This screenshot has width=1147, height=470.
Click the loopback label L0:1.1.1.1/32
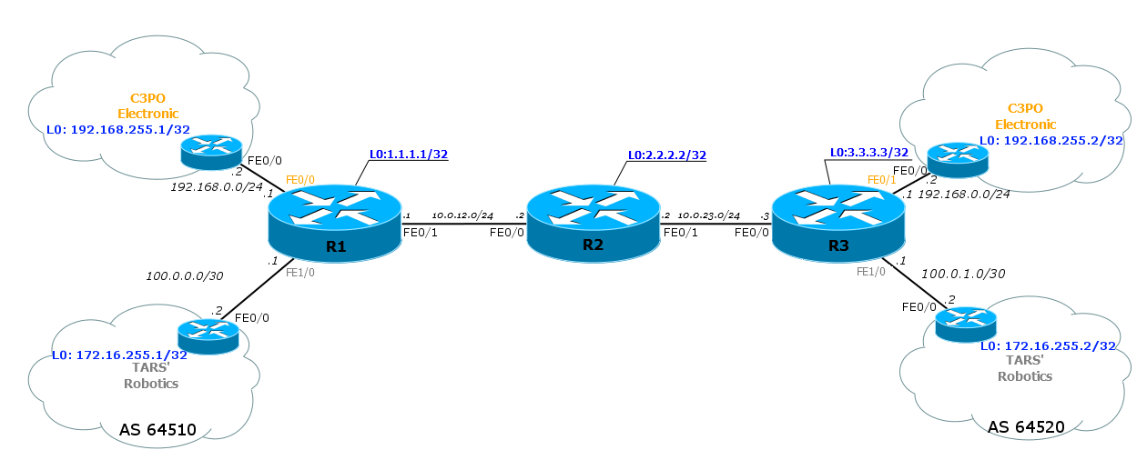click(x=409, y=155)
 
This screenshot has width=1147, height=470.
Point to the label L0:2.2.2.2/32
click(x=667, y=155)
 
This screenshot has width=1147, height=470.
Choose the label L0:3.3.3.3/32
click(x=869, y=153)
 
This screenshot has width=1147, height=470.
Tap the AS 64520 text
click(x=1026, y=425)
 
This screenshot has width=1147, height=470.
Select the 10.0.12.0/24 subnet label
click(x=462, y=215)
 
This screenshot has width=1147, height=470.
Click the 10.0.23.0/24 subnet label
click(x=709, y=215)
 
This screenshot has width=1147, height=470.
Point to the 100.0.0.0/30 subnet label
click(x=184, y=274)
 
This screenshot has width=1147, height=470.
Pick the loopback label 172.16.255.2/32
click(x=1048, y=345)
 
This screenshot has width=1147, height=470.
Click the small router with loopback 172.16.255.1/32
click(x=208, y=335)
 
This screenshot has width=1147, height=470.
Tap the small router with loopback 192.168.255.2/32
click(x=957, y=159)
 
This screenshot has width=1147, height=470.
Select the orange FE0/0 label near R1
click(x=300, y=180)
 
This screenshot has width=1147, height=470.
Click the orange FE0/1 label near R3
click(x=882, y=180)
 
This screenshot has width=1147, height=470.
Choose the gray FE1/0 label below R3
click(x=870, y=271)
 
